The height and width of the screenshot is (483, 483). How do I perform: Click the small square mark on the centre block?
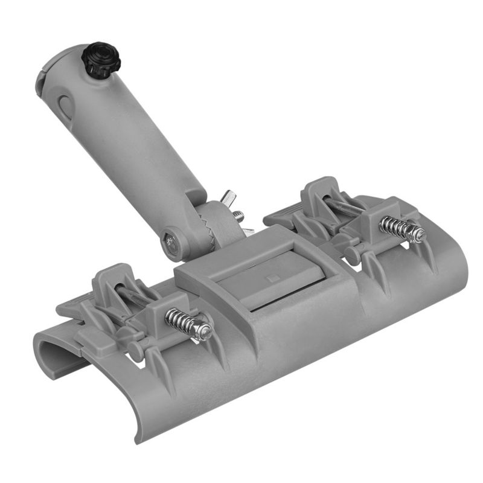[x=270, y=278]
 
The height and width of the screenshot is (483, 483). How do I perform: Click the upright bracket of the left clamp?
[x=109, y=281]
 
